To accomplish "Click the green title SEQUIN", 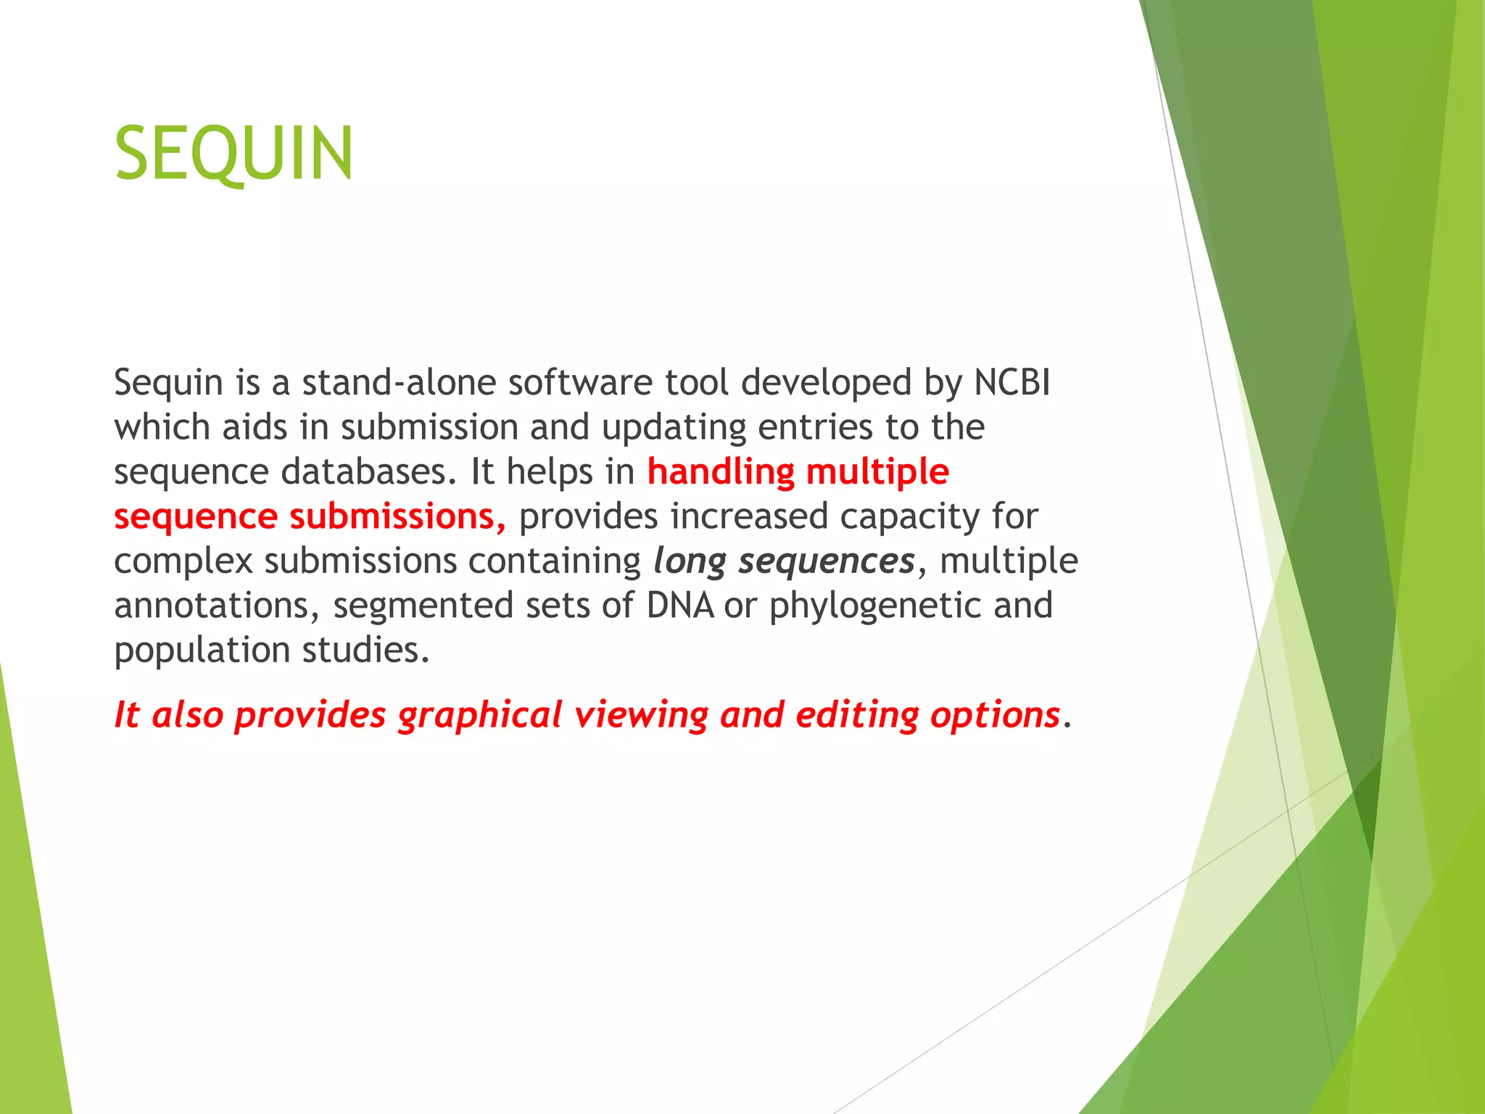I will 233,154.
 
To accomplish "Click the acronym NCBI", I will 1012,382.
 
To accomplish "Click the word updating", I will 674,427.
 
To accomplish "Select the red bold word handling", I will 721,472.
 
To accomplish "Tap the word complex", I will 183,561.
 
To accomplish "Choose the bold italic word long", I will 690,561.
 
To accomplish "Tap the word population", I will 202,650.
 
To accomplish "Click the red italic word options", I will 995,716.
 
